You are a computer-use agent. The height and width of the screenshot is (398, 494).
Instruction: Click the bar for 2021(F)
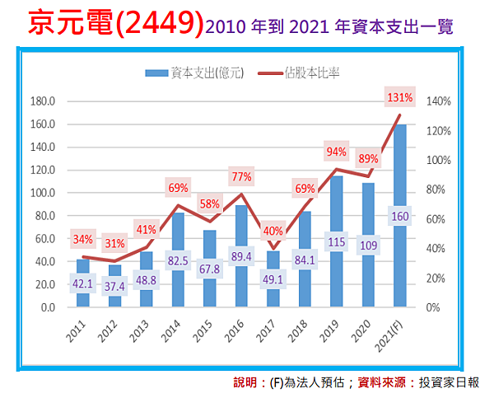[x=399, y=247]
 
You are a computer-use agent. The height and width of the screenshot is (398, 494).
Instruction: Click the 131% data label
[x=399, y=98]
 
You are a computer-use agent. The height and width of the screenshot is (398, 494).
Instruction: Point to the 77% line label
[x=240, y=176]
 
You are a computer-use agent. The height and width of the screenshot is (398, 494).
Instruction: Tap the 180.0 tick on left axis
[x=42, y=102]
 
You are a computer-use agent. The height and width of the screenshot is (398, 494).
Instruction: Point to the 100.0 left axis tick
[x=42, y=194]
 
